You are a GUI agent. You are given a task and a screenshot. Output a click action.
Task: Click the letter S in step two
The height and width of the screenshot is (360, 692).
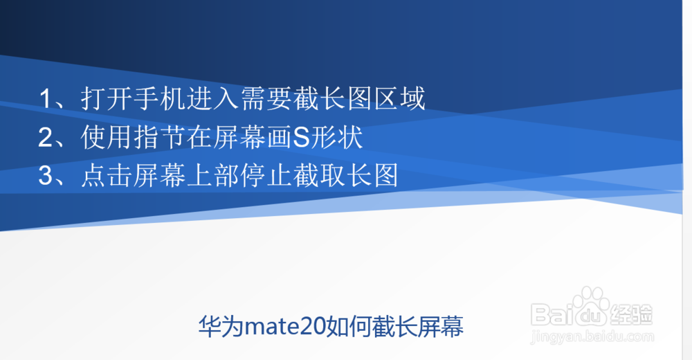(301, 138)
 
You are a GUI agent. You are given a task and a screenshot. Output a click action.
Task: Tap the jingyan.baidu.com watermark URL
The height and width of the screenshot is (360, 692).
(592, 336)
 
